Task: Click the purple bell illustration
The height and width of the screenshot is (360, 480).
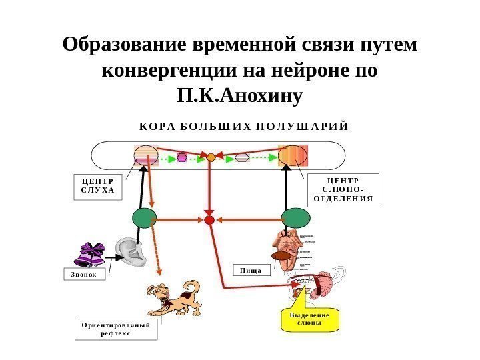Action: click(90, 255)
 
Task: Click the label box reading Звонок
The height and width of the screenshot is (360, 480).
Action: click(85, 274)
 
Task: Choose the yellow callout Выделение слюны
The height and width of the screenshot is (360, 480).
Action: click(309, 319)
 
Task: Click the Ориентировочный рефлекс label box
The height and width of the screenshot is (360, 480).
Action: click(115, 329)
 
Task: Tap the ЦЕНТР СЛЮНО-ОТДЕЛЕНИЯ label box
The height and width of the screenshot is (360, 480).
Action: click(344, 189)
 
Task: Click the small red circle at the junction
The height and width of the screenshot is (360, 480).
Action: click(209, 219)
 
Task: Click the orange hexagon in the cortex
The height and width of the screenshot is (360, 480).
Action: click(211, 158)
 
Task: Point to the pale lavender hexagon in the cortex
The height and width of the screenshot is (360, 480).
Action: click(242, 159)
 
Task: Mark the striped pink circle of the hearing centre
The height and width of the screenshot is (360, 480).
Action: click(145, 156)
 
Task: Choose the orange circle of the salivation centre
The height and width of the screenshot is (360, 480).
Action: click(291, 156)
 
